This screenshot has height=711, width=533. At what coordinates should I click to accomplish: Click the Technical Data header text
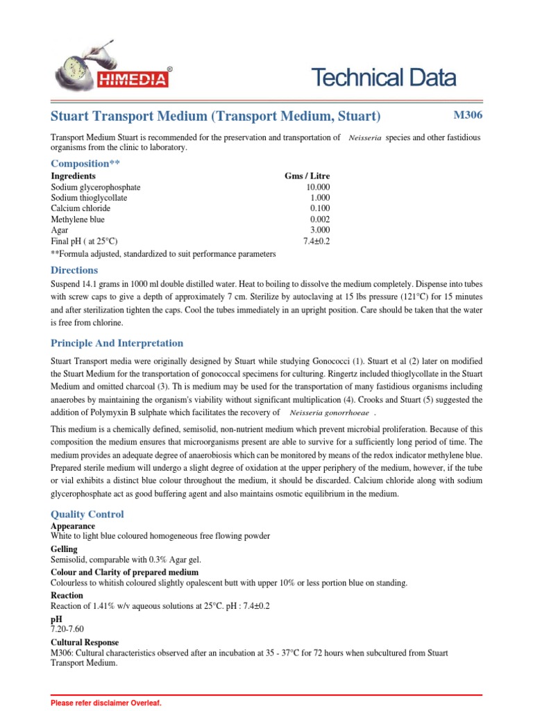[384, 78]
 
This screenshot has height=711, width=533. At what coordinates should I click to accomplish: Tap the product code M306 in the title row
[467, 115]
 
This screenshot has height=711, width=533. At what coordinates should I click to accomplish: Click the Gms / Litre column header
[307, 176]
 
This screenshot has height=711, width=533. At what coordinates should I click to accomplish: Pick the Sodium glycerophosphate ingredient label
[96, 187]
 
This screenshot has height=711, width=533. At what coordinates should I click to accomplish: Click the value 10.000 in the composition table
[318, 187]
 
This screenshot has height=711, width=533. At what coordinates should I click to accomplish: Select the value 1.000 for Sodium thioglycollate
[320, 198]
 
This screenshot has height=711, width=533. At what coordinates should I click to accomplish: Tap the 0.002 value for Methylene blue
[320, 219]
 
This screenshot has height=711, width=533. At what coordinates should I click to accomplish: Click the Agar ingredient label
[60, 230]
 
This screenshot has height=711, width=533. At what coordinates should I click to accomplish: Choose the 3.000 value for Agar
[320, 230]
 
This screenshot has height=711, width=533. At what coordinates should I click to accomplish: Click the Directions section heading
[74, 270]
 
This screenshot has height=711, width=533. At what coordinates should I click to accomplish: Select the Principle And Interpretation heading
[117, 343]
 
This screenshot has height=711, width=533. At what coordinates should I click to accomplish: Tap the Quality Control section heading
[87, 515]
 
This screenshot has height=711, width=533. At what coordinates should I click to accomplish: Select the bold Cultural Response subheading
[85, 642]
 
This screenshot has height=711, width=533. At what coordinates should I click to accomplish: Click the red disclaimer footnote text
[106, 703]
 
